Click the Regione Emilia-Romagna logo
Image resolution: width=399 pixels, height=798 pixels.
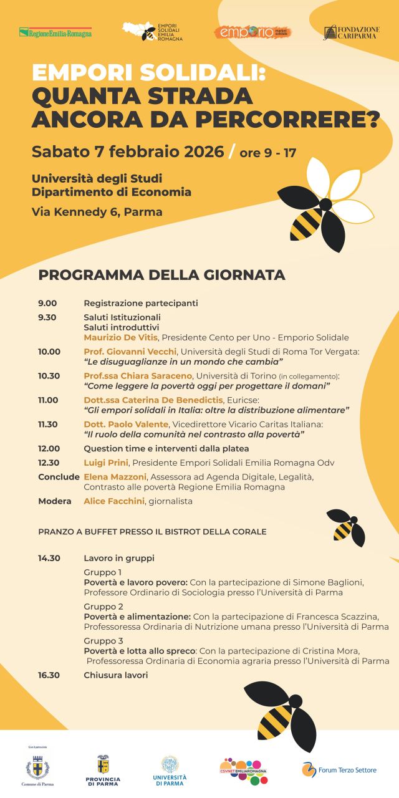pos(55,32)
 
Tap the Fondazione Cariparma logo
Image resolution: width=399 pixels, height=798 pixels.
pos(352,32)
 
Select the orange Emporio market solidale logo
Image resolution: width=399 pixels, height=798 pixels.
pos(252,32)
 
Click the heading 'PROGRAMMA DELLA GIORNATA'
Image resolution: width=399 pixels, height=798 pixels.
pos(161,275)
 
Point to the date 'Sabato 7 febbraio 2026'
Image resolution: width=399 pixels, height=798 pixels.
pos(128,151)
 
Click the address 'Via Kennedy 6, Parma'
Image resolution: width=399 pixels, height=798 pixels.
pos(97,212)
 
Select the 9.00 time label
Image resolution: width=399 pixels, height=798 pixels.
pos(47,304)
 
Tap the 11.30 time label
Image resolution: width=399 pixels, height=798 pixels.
pos(48,425)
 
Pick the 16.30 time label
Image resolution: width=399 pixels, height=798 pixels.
pos(49,675)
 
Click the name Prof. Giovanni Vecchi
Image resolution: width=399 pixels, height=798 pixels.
pos(130,352)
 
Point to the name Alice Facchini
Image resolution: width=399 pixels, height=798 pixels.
pos(113,501)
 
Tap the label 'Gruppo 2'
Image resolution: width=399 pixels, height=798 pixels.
pos(103,607)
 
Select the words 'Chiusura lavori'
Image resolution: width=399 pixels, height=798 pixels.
pos(116,675)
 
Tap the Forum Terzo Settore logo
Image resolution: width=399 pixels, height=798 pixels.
pos(339,770)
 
